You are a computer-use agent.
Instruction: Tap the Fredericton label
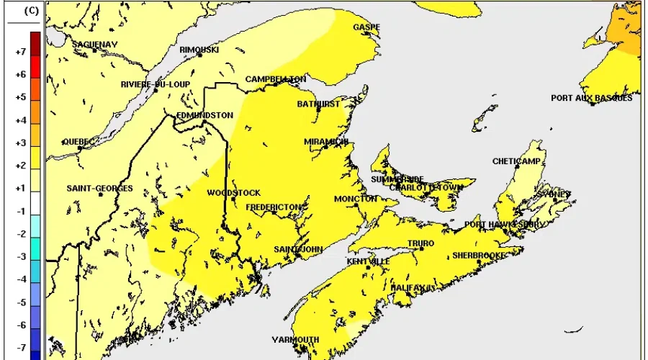273,207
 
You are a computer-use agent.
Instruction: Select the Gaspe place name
366,27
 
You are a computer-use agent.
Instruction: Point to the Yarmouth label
295,339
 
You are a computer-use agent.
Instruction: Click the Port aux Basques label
591,98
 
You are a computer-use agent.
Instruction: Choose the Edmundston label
204,114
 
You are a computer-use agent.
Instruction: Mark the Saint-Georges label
99,188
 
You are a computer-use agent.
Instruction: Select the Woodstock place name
234,193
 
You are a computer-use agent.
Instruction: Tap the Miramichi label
326,142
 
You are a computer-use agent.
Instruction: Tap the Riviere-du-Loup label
155,84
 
